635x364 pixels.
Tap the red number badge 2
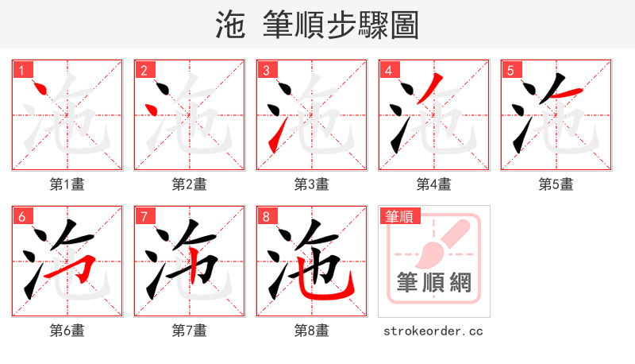[x=144, y=71]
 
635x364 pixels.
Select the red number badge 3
[x=266, y=71]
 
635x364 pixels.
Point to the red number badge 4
[x=388, y=71]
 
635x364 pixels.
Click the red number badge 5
[x=510, y=71]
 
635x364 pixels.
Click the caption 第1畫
[x=67, y=184]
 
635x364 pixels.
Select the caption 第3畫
[x=312, y=184]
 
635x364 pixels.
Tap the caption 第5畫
[x=556, y=184]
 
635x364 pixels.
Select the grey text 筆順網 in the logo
[x=434, y=282]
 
